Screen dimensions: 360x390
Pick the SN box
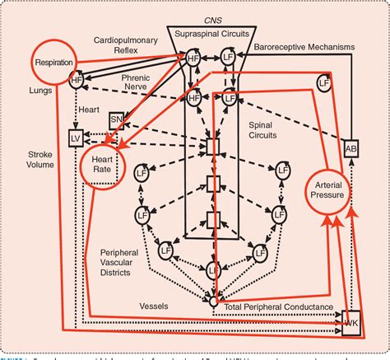117,121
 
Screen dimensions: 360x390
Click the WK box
351,318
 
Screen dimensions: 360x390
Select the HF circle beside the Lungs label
77,80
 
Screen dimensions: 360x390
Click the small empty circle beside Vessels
213,303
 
